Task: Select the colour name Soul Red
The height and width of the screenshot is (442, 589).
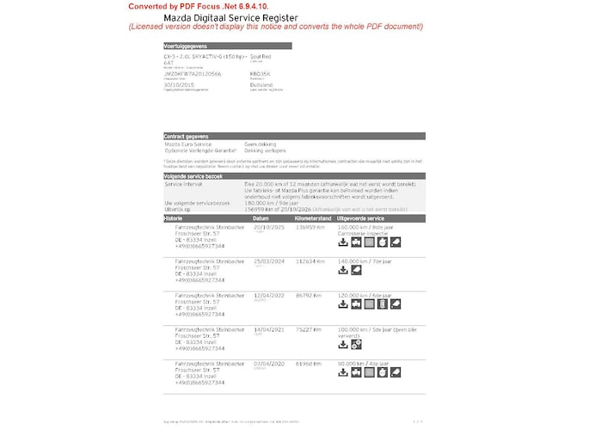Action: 262,56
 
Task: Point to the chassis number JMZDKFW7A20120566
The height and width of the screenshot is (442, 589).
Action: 191,74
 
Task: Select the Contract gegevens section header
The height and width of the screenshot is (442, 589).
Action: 187,136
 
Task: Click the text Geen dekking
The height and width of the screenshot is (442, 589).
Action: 261,144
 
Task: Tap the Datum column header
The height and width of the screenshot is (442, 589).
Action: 261,218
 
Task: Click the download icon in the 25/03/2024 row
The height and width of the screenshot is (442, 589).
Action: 343,270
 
